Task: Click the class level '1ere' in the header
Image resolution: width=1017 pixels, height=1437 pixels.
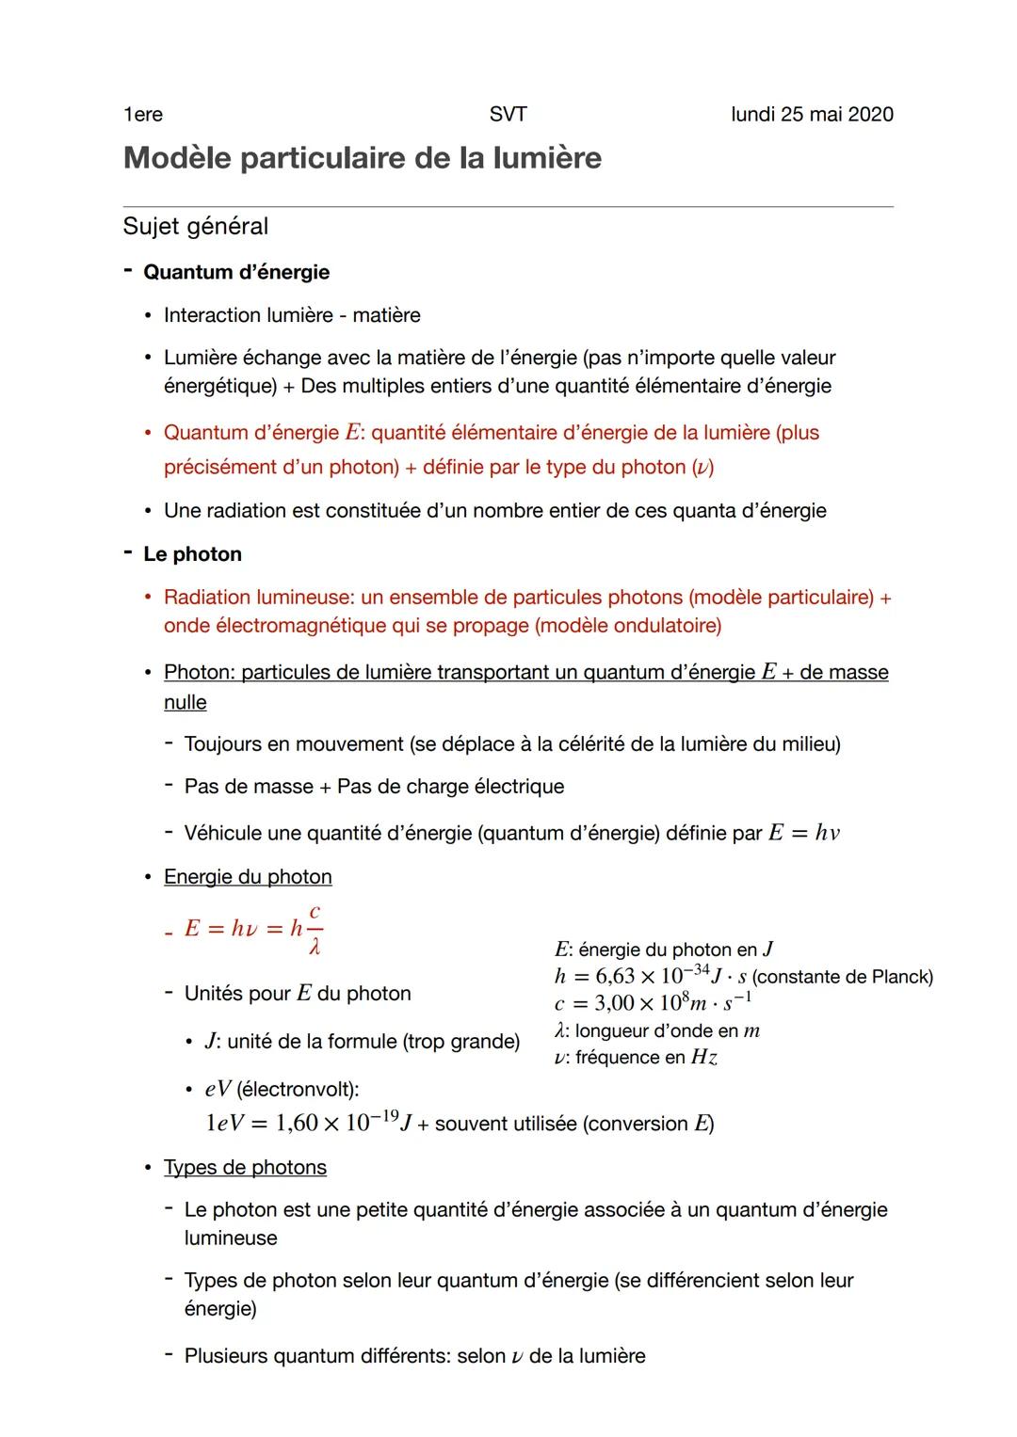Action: (142, 115)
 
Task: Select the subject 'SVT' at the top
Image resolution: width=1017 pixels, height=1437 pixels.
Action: (508, 115)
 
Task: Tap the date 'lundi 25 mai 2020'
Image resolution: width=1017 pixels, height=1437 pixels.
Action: (812, 115)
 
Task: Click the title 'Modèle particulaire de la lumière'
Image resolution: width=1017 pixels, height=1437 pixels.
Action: (362, 158)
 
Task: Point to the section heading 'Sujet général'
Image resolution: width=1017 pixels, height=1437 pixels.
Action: (196, 227)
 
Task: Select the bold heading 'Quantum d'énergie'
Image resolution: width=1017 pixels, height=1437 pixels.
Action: (236, 273)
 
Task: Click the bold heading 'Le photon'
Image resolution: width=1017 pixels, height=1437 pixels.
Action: (192, 554)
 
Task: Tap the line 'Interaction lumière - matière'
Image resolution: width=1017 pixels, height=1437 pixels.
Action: (292, 315)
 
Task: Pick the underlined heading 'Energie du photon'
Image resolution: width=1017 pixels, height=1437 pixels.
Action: (248, 877)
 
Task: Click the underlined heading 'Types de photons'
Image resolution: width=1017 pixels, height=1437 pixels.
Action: (245, 1168)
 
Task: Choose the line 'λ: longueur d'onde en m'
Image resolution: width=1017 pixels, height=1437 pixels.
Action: (657, 1030)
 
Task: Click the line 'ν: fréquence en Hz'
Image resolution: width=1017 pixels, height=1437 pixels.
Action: (636, 1058)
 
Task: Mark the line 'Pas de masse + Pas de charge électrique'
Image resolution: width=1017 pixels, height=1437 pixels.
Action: (374, 787)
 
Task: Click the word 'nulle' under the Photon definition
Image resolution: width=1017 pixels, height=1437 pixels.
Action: (185, 703)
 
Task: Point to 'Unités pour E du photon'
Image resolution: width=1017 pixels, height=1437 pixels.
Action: (298, 994)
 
